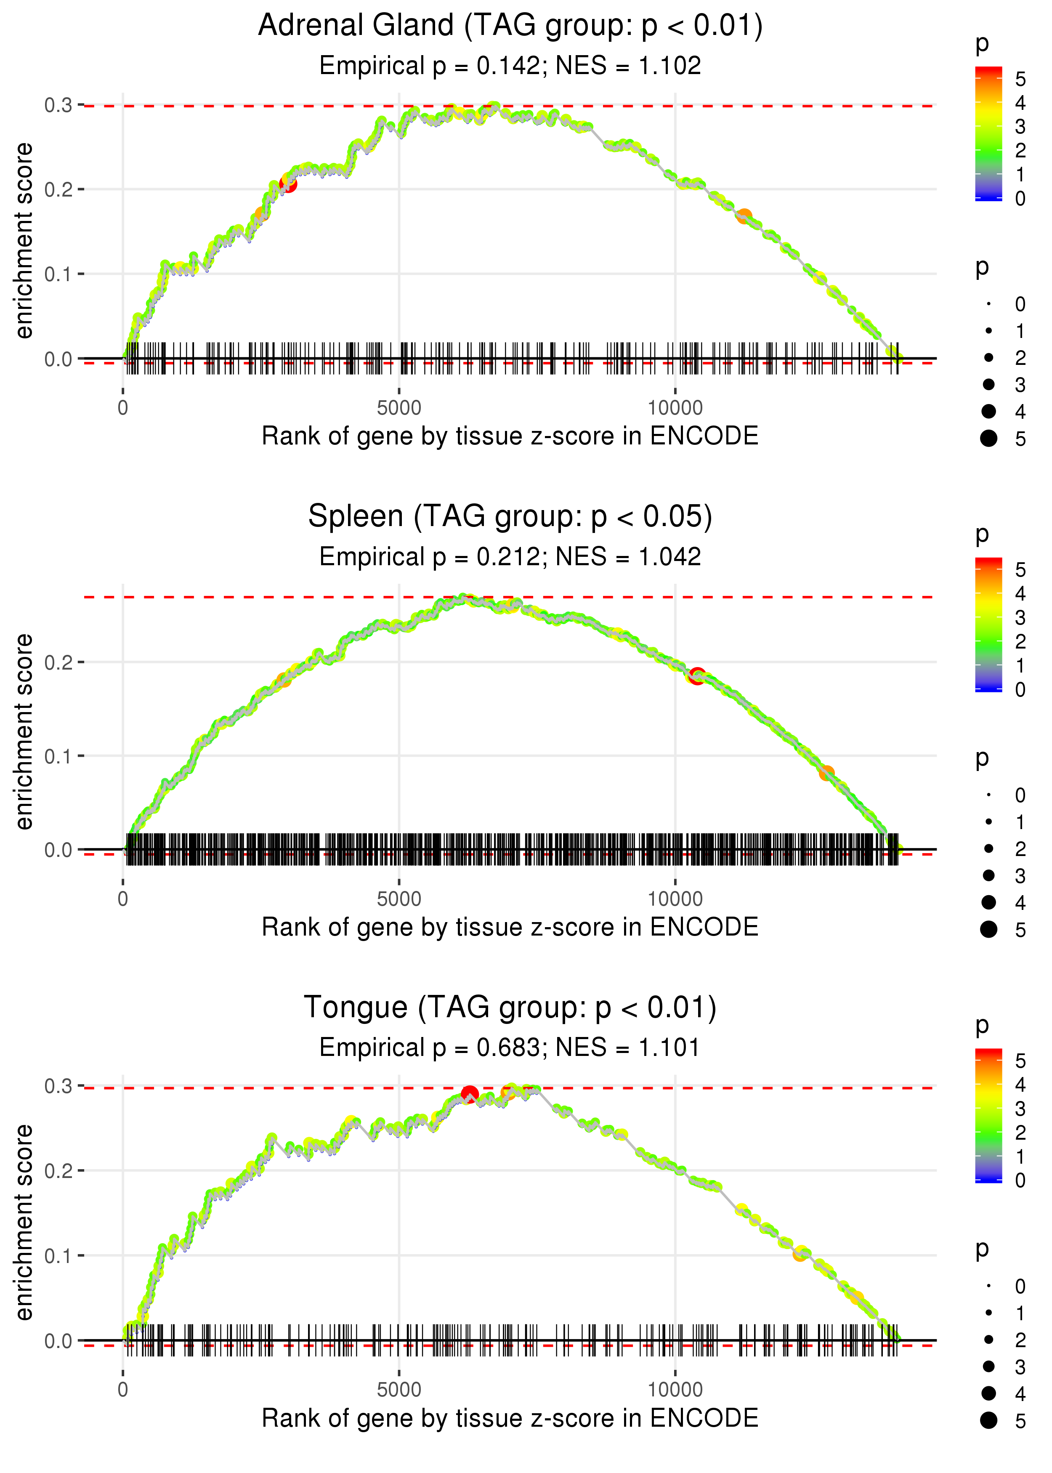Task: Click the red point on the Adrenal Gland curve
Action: tap(288, 184)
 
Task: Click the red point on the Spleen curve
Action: tap(697, 676)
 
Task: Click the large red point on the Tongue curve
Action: tap(470, 1095)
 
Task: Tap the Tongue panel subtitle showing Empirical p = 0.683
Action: tap(510, 1048)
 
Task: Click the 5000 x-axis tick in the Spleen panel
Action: tap(399, 899)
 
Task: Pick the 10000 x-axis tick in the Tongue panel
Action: tap(675, 1389)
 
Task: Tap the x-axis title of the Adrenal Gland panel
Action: tap(510, 436)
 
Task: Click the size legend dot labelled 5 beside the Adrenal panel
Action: tap(988, 439)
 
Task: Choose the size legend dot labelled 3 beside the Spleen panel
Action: tap(988, 875)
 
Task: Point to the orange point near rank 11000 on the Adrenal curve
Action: tap(744, 216)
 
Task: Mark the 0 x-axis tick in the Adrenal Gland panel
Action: tap(123, 408)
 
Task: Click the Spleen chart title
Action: tap(510, 517)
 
